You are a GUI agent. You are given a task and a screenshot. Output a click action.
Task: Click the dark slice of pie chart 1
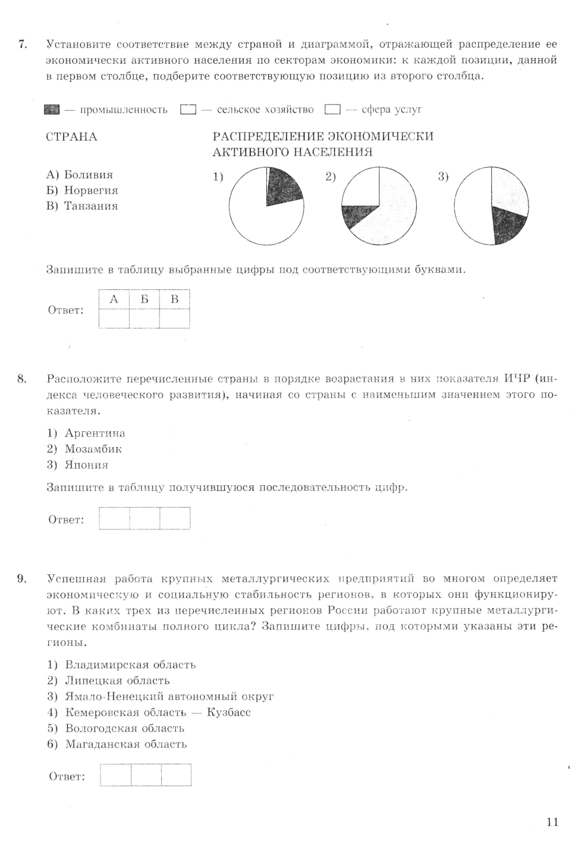point(283,185)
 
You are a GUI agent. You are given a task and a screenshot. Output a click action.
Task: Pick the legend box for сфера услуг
point(332,110)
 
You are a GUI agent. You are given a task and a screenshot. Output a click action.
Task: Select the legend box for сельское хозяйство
point(188,110)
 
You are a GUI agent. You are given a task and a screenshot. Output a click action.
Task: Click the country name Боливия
point(88,175)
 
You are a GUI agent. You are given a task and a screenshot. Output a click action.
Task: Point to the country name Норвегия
point(91,191)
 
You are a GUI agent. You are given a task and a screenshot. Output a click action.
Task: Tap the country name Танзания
point(91,206)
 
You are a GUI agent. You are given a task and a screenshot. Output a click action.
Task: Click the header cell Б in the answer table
point(144,299)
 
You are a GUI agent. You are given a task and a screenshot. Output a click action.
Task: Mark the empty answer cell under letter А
point(114,318)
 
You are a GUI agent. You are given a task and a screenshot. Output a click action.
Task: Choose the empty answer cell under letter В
point(174,318)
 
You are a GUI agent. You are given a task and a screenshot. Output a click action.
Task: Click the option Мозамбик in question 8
point(93,449)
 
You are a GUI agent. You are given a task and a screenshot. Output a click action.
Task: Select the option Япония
point(86,465)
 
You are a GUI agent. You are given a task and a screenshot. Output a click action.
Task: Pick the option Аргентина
point(95,434)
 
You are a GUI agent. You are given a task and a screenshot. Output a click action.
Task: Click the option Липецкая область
point(117,681)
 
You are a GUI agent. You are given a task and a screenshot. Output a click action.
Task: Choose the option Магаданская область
point(126,745)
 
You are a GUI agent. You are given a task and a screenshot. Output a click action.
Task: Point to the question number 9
point(21,579)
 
